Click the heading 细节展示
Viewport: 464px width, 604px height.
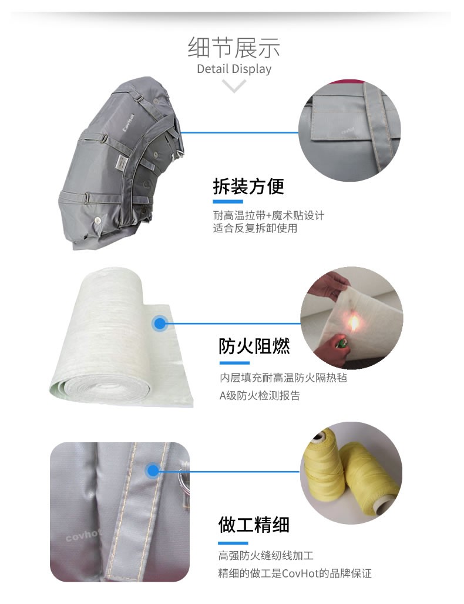point(234,48)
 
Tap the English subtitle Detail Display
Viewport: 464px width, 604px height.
point(234,69)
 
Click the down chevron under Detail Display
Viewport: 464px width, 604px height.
point(234,86)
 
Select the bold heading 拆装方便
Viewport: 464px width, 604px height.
point(248,186)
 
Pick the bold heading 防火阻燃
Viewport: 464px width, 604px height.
point(254,346)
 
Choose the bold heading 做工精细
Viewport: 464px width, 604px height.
point(254,525)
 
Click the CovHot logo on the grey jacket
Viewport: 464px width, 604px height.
point(128,122)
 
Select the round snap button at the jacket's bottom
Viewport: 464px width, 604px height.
point(98,221)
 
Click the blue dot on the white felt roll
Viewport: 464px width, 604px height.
point(160,323)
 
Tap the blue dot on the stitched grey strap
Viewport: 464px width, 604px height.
point(153,470)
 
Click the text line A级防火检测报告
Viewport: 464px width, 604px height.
point(260,396)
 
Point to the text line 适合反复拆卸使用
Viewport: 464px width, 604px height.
point(255,228)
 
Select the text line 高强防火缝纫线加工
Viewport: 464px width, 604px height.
point(266,555)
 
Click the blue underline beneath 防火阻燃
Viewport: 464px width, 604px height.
point(234,363)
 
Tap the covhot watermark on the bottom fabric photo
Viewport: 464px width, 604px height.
point(83,535)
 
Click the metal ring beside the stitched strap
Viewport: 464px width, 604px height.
point(183,479)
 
